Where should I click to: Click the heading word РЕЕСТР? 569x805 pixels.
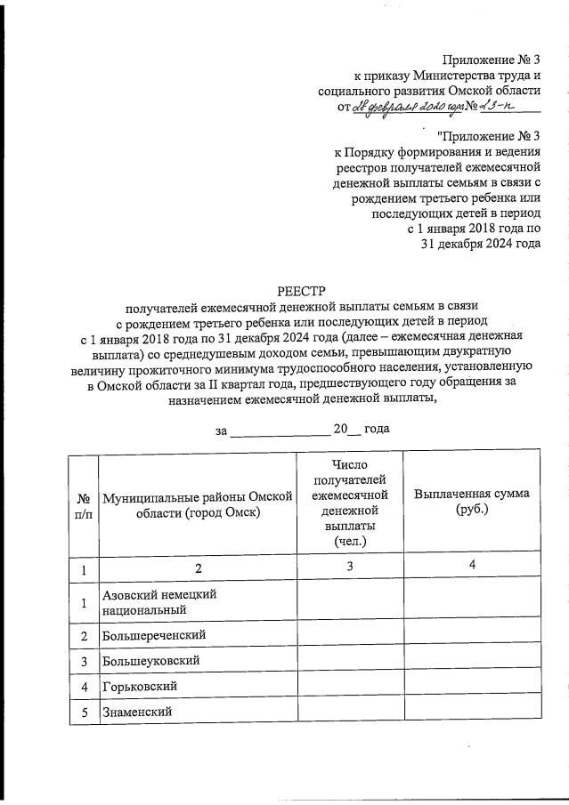tap(303, 290)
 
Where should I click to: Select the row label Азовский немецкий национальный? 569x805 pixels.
tap(160, 602)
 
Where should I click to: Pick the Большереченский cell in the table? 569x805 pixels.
tap(155, 635)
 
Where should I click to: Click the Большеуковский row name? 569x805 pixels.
tap(150, 661)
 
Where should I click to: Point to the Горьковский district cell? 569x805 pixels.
tap(142, 687)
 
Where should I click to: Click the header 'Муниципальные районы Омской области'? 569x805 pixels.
tap(198, 506)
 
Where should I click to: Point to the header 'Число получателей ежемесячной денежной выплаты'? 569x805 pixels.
tap(350, 503)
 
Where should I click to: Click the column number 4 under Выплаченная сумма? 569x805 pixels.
tap(472, 566)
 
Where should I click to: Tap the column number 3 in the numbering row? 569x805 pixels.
tap(350, 567)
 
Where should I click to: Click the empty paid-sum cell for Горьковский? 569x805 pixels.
tap(472, 687)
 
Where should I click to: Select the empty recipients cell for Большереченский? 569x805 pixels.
tap(350, 635)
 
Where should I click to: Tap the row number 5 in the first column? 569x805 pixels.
tap(83, 712)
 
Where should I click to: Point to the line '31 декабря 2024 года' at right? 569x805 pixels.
tap(481, 244)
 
